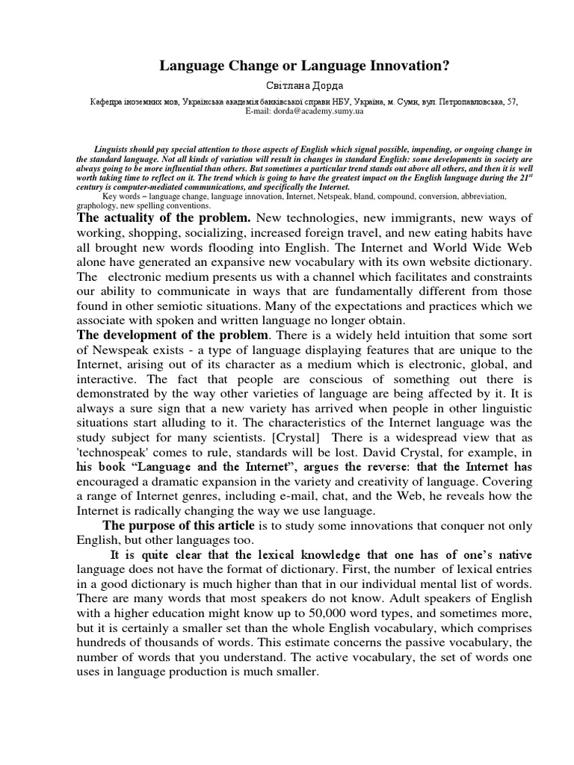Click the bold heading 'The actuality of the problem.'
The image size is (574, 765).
(164, 218)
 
